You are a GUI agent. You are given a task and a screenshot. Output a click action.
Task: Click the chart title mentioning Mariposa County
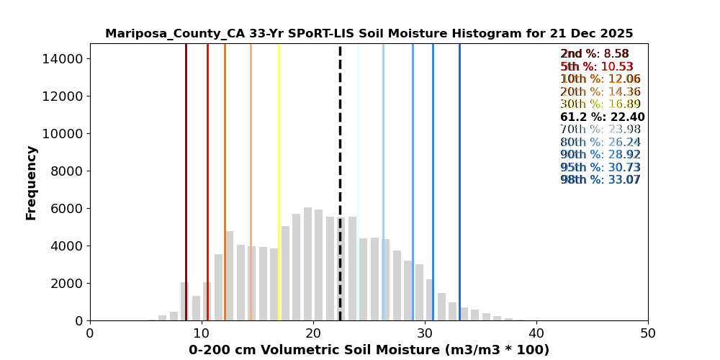[x=369, y=34]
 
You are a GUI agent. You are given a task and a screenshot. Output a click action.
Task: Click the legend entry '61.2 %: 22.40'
[x=602, y=117]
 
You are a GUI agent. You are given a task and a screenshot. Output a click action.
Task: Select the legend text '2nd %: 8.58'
[x=595, y=54]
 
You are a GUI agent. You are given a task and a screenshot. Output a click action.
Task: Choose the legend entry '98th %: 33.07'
[x=600, y=180]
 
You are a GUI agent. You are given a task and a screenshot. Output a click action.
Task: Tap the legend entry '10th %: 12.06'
[x=600, y=79]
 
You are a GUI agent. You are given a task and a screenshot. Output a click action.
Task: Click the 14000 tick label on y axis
[x=61, y=58]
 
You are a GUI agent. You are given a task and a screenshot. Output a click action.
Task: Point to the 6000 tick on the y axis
[x=65, y=208]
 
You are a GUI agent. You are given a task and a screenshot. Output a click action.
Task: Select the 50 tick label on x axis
[x=648, y=333]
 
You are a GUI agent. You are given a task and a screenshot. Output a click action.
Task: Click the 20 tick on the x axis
[x=313, y=333]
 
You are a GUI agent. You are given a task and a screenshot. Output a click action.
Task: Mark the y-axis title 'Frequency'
[x=32, y=182]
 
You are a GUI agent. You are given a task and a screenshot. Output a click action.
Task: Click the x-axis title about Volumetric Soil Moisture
[x=369, y=350]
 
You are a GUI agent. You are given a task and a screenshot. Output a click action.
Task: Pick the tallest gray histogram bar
[x=308, y=264]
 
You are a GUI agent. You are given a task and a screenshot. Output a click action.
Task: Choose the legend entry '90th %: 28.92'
[x=600, y=155]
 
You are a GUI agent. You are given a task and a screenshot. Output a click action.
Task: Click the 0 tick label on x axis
[x=90, y=333]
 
